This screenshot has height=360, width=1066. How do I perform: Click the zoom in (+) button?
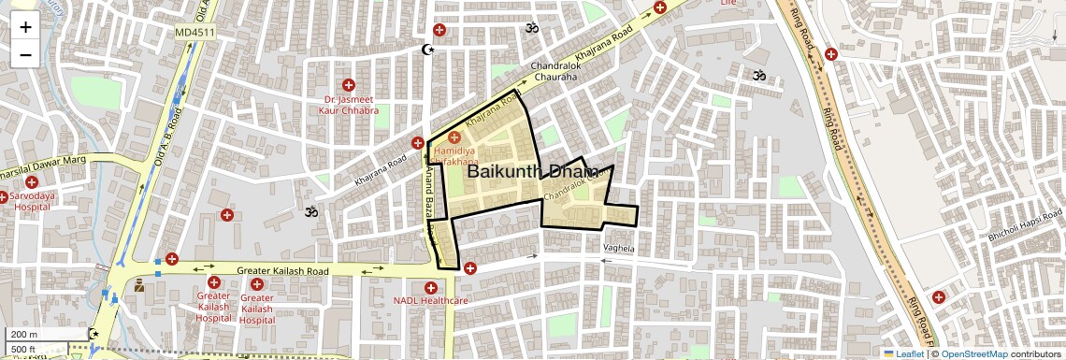point(25,27)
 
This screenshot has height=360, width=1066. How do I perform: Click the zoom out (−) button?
point(25,54)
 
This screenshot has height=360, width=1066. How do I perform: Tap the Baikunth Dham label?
point(531,172)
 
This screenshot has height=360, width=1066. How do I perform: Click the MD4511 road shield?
point(194,33)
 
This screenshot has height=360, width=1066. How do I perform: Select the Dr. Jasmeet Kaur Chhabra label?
point(351,105)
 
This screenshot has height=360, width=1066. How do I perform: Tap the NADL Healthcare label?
point(430,301)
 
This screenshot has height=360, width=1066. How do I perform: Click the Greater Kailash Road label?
point(285,271)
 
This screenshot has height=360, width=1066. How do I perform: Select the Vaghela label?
point(619,249)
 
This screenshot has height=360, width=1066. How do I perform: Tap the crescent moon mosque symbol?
point(429,50)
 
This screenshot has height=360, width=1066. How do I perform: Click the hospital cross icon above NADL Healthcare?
point(430,287)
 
